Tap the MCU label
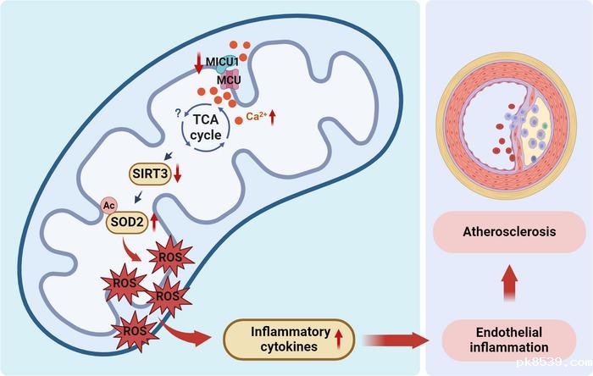pyautogui.click(x=228, y=80)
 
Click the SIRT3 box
pyautogui.click(x=149, y=175)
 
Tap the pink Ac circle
pyautogui.click(x=108, y=206)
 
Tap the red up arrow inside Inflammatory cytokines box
pyautogui.click(x=338, y=340)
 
